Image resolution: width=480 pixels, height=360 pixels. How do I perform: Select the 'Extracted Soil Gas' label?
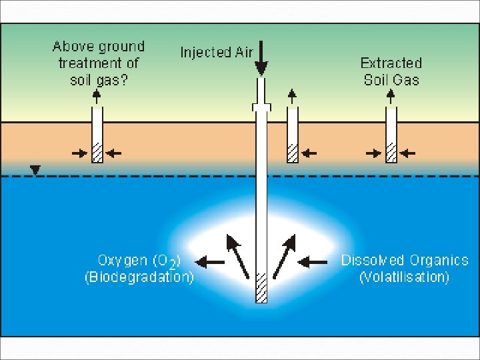[x=391, y=71]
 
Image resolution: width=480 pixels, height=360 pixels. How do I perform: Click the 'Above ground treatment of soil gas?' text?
[x=99, y=63]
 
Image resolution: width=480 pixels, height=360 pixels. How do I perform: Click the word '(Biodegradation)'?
[x=139, y=277]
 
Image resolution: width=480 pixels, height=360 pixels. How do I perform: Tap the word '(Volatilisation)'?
[x=404, y=277]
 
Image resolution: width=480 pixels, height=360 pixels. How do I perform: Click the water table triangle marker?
[x=35, y=170]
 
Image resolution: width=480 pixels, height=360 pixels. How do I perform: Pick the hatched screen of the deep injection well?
[x=261, y=287]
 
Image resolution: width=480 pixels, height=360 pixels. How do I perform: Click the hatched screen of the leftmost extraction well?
[x=97, y=153]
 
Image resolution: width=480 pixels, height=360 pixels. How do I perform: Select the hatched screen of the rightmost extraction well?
[x=391, y=153]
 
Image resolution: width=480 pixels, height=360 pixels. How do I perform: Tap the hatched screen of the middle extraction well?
[x=293, y=153]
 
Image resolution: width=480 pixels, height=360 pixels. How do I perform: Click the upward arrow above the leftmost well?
[x=97, y=97]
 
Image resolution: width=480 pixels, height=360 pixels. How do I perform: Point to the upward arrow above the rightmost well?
[x=391, y=97]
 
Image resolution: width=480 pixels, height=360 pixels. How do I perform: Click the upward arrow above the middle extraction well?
[x=293, y=97]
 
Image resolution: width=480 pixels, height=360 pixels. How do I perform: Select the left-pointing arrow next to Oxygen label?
[x=211, y=263]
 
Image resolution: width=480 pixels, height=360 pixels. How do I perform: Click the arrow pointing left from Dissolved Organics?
[x=315, y=263]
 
